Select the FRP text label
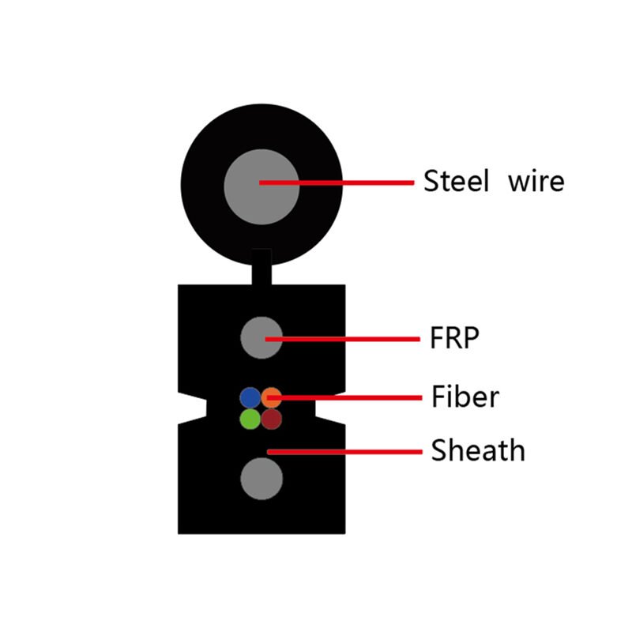[x=454, y=339]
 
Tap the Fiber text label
[x=465, y=396]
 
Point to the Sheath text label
[x=477, y=451]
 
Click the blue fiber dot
[x=250, y=397]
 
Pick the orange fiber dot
[x=272, y=397]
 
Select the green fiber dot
[x=250, y=418]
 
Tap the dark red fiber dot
[x=272, y=418]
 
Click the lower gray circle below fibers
[x=261, y=478]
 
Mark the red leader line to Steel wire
[x=355, y=182]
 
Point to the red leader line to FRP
[x=355, y=339]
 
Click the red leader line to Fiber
[x=355, y=396]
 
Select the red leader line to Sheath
[x=355, y=451]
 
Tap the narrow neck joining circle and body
[x=261, y=267]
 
